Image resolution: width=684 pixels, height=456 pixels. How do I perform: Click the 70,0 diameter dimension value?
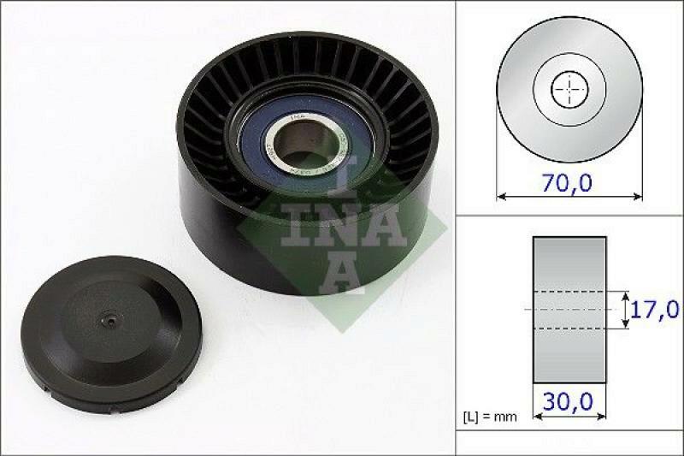(x=569, y=182)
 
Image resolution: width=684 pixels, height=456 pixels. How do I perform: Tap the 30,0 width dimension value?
(x=569, y=400)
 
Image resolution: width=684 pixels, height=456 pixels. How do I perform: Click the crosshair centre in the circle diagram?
(x=569, y=88)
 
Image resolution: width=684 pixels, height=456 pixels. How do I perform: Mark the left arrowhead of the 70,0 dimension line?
(x=500, y=197)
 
